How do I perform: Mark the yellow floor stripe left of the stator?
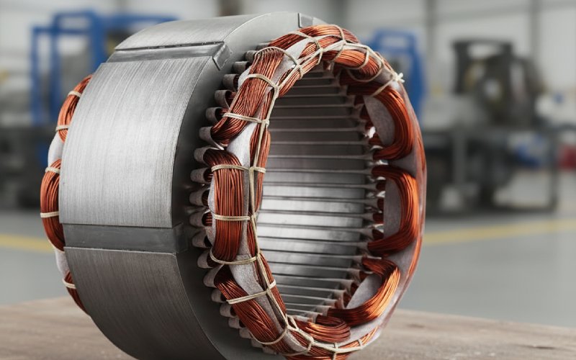coord(18,242)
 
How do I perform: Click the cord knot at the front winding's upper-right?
coord(395,79)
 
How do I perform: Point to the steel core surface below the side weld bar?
coord(130,288)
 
